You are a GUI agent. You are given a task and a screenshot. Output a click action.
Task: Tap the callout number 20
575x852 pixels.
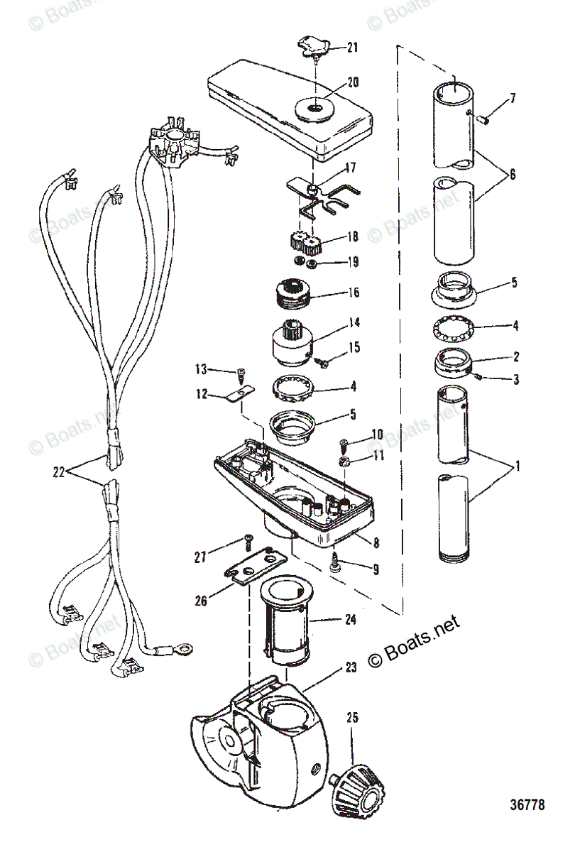352,81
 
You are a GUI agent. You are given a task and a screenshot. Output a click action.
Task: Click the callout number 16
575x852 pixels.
352,293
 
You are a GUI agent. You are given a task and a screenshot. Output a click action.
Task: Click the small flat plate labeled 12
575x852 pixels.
238,395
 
